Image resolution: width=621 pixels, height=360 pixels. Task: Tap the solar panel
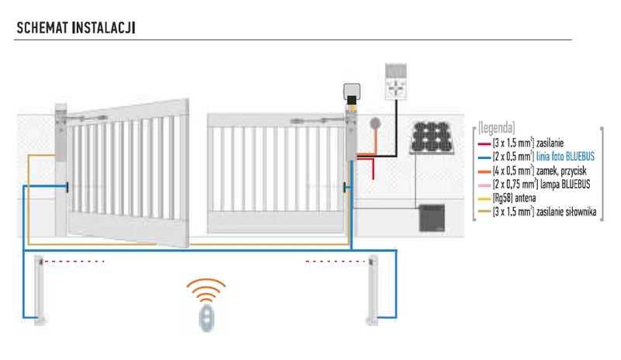coord(434,139)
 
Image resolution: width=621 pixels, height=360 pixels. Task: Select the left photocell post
coord(42,290)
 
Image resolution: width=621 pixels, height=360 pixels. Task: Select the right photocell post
coord(373,290)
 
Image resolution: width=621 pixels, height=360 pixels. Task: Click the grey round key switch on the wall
coord(375,124)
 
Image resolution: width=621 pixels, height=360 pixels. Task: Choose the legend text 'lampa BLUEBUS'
coord(564,184)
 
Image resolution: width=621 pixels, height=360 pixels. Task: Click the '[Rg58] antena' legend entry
coord(519,198)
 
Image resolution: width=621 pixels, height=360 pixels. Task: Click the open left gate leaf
coord(128,171)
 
